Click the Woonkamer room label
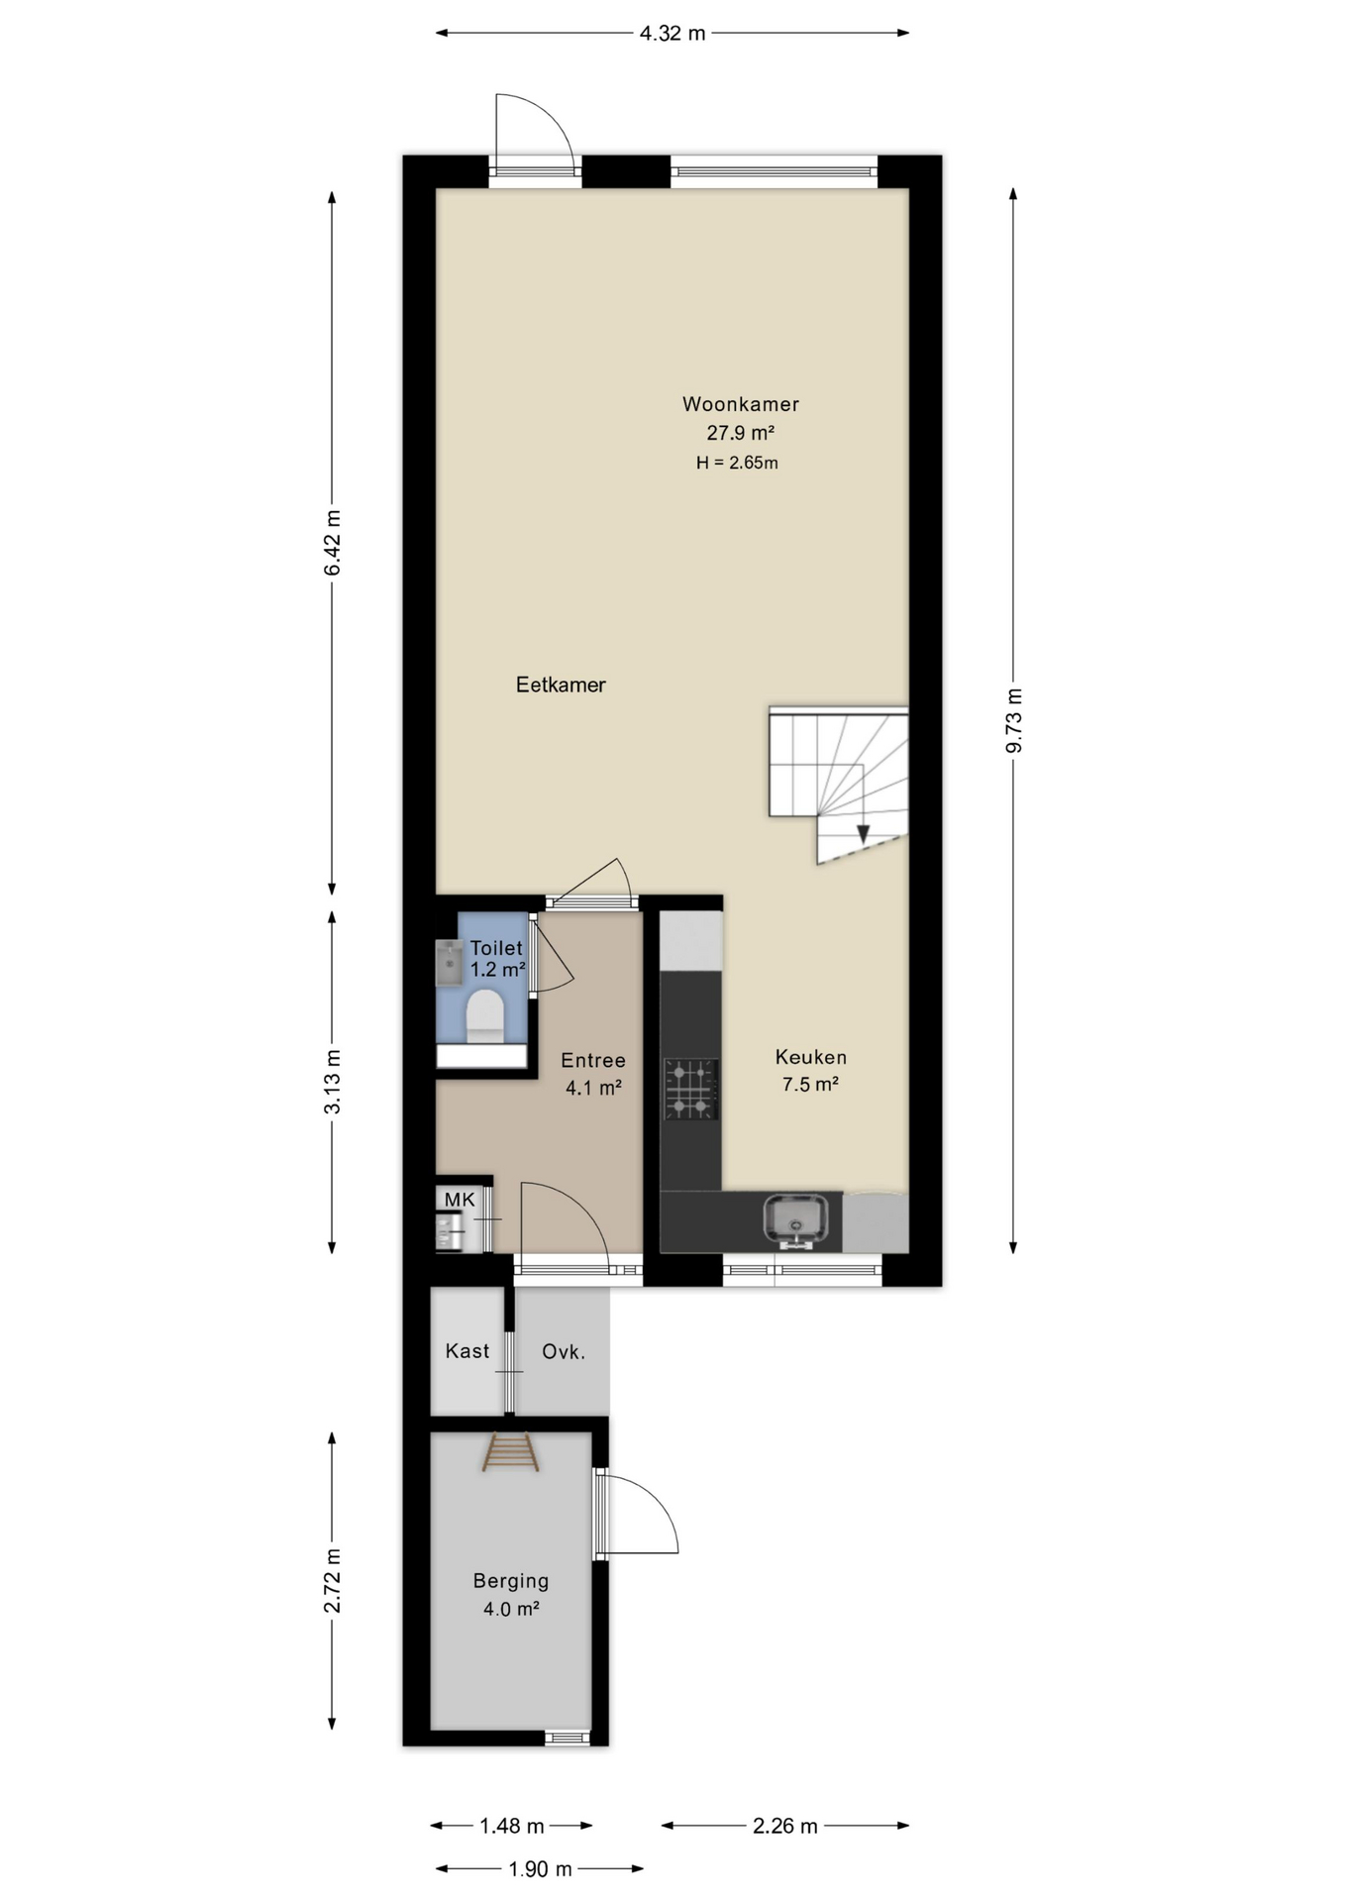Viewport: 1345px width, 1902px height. [x=740, y=404]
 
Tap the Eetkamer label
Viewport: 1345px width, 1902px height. [x=561, y=685]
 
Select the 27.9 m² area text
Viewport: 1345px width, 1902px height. [x=740, y=433]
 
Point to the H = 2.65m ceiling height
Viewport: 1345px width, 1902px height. [x=737, y=463]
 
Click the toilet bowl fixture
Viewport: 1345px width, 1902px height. [x=485, y=1015]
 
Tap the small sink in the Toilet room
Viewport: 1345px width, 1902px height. [x=450, y=963]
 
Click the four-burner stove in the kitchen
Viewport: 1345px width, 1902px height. [x=691, y=1090]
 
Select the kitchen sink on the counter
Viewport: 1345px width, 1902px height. [x=795, y=1219]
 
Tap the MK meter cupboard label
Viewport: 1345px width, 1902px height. [x=460, y=1200]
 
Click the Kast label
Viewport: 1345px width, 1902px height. [x=467, y=1351]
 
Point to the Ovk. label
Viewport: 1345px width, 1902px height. [x=564, y=1351]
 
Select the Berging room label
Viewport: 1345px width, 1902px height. [x=511, y=1581]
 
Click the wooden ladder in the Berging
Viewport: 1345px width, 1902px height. [x=511, y=1453]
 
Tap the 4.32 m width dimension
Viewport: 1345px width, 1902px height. [x=672, y=33]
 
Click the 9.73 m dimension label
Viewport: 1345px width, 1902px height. [x=1013, y=720]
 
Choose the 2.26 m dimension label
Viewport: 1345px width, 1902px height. [x=785, y=1826]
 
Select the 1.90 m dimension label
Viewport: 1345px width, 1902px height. [x=540, y=1869]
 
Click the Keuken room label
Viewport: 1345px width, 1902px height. [x=811, y=1057]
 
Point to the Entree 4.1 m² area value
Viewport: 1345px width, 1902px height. [x=593, y=1088]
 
